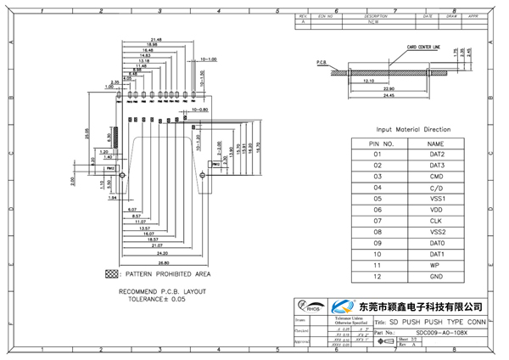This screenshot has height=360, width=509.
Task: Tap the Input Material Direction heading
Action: click(407, 129)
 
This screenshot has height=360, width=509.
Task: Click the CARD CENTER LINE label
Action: click(423, 49)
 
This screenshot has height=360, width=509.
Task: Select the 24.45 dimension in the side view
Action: click(389, 94)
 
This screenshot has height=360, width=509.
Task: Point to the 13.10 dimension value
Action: click(369, 81)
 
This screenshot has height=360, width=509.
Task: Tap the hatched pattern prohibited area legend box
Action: click(110, 274)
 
